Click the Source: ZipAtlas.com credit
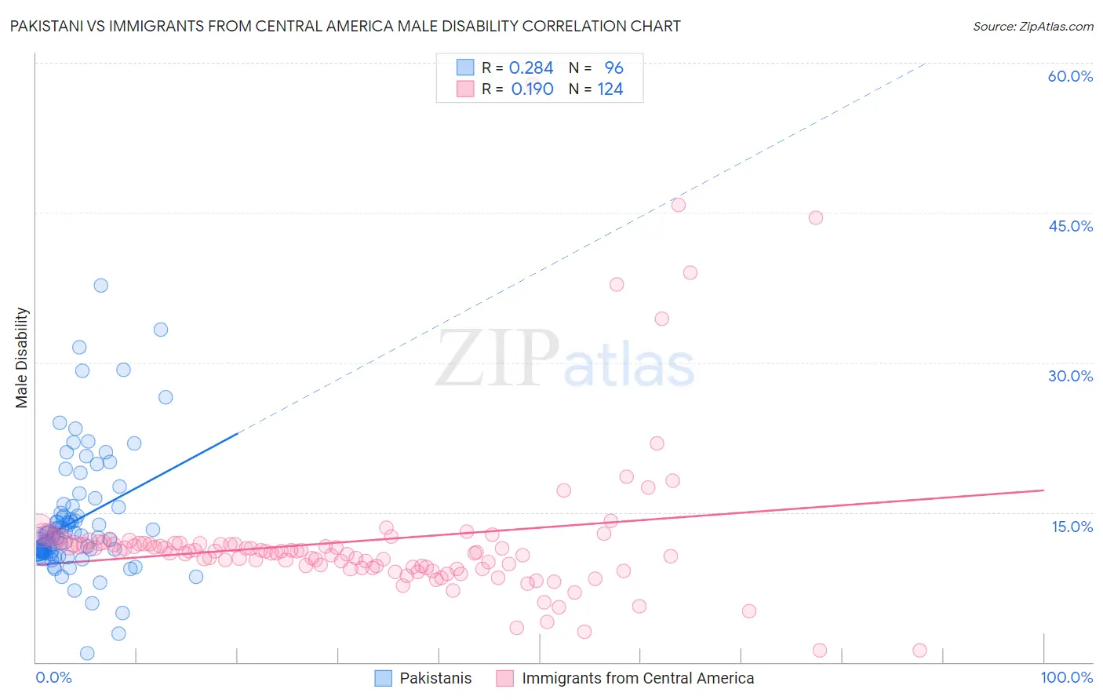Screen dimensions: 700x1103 click(1032, 26)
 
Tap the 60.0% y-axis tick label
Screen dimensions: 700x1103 click(1070, 76)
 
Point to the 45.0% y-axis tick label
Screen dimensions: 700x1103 click(1070, 226)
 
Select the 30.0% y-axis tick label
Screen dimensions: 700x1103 click(1070, 376)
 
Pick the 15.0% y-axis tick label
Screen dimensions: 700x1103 click(1072, 527)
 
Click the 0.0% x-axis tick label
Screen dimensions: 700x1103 click(53, 677)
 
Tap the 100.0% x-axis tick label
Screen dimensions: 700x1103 click(1066, 677)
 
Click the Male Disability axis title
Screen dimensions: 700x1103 click(22, 357)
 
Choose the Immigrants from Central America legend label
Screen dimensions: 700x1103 click(637, 678)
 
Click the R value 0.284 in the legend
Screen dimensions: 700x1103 click(531, 67)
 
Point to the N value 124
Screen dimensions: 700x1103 click(610, 89)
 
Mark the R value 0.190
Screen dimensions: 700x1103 click(532, 89)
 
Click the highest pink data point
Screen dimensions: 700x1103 click(679, 205)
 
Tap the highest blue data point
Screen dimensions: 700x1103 click(101, 286)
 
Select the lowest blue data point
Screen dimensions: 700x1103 click(87, 654)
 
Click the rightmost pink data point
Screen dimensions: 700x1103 click(920, 650)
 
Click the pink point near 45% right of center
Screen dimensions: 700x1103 click(816, 217)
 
